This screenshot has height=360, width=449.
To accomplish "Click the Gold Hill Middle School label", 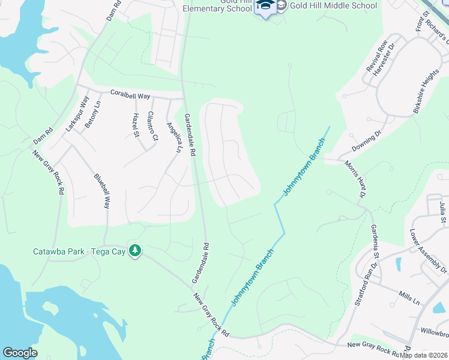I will [x=334, y=6].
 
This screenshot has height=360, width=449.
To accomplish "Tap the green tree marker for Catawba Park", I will [x=136, y=250].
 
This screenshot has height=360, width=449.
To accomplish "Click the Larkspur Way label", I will [x=77, y=113].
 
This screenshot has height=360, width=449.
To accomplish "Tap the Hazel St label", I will [x=136, y=124].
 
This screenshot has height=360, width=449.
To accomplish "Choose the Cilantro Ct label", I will [x=152, y=126].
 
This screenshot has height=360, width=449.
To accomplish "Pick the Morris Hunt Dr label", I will [x=355, y=179].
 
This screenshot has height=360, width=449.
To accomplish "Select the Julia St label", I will [x=442, y=211].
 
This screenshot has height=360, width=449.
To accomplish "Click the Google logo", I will [x=20, y=353].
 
